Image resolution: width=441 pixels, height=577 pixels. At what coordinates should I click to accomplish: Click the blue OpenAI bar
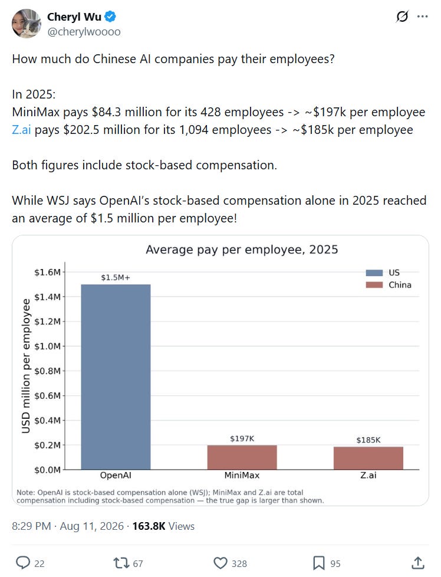pyautogui.click(x=116, y=377)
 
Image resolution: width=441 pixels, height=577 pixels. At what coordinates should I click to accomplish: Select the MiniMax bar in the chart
pyautogui.click(x=242, y=457)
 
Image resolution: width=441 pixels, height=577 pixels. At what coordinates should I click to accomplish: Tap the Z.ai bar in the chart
pyautogui.click(x=368, y=458)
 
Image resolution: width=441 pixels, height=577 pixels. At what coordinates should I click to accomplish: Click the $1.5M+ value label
pyautogui.click(x=116, y=277)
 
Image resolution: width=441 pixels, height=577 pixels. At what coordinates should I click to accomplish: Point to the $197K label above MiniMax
pyautogui.click(x=242, y=438)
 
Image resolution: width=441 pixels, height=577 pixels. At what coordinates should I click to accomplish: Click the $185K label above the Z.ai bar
pyautogui.click(x=368, y=440)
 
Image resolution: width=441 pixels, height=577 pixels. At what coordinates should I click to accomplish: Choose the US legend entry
pyautogui.click(x=383, y=273)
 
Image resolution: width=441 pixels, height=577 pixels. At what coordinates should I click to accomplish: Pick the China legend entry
pyautogui.click(x=389, y=285)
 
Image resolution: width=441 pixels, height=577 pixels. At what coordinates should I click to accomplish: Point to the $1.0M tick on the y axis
pyautogui.click(x=47, y=346)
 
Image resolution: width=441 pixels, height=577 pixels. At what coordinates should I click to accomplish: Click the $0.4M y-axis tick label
pyautogui.click(x=47, y=420)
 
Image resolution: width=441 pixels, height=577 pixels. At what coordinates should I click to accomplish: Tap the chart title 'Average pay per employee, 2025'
pyautogui.click(x=242, y=250)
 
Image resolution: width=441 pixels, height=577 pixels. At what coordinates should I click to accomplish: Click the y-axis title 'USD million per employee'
pyautogui.click(x=26, y=366)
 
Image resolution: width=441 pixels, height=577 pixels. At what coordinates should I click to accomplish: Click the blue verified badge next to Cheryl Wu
pyautogui.click(x=110, y=17)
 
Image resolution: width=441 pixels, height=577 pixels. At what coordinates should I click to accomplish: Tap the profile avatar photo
pyautogui.click(x=26, y=24)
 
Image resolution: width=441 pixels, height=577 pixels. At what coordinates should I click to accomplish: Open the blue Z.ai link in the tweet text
pyautogui.click(x=21, y=130)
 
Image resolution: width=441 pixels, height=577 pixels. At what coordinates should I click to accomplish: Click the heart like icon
pyautogui.click(x=220, y=563)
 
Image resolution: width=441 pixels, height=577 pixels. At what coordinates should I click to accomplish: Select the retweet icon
pyautogui.click(x=121, y=563)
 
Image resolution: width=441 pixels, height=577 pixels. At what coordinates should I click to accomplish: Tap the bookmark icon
pyautogui.click(x=318, y=563)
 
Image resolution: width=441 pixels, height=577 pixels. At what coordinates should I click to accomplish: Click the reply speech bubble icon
pyautogui.click(x=23, y=563)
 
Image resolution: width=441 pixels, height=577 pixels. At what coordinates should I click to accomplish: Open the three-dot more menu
pyautogui.click(x=422, y=17)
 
